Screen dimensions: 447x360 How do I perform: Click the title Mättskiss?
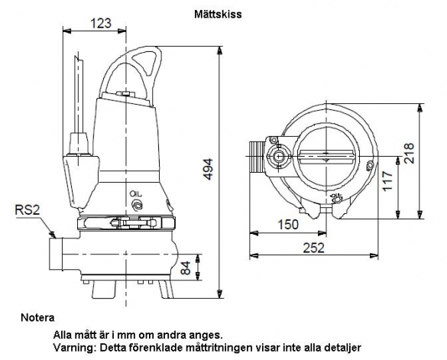(218, 15)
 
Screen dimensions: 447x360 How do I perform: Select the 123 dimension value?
(101, 23)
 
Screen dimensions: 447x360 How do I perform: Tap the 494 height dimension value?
(209, 169)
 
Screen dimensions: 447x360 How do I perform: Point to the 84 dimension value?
(186, 268)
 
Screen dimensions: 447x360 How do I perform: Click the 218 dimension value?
(409, 153)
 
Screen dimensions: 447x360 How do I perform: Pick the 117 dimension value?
(387, 181)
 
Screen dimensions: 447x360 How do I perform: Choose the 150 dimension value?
(288, 225)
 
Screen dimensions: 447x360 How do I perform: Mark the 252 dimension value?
(313, 248)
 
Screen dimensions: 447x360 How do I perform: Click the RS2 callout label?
(28, 210)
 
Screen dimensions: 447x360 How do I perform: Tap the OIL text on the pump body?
(136, 194)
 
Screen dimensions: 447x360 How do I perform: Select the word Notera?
(37, 318)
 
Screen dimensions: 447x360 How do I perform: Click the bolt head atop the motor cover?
(125, 94)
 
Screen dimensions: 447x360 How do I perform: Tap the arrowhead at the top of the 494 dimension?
(219, 50)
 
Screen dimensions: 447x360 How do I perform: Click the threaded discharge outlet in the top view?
(256, 157)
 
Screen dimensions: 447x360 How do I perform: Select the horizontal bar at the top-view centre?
(327, 157)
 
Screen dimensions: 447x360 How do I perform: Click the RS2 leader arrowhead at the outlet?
(52, 235)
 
